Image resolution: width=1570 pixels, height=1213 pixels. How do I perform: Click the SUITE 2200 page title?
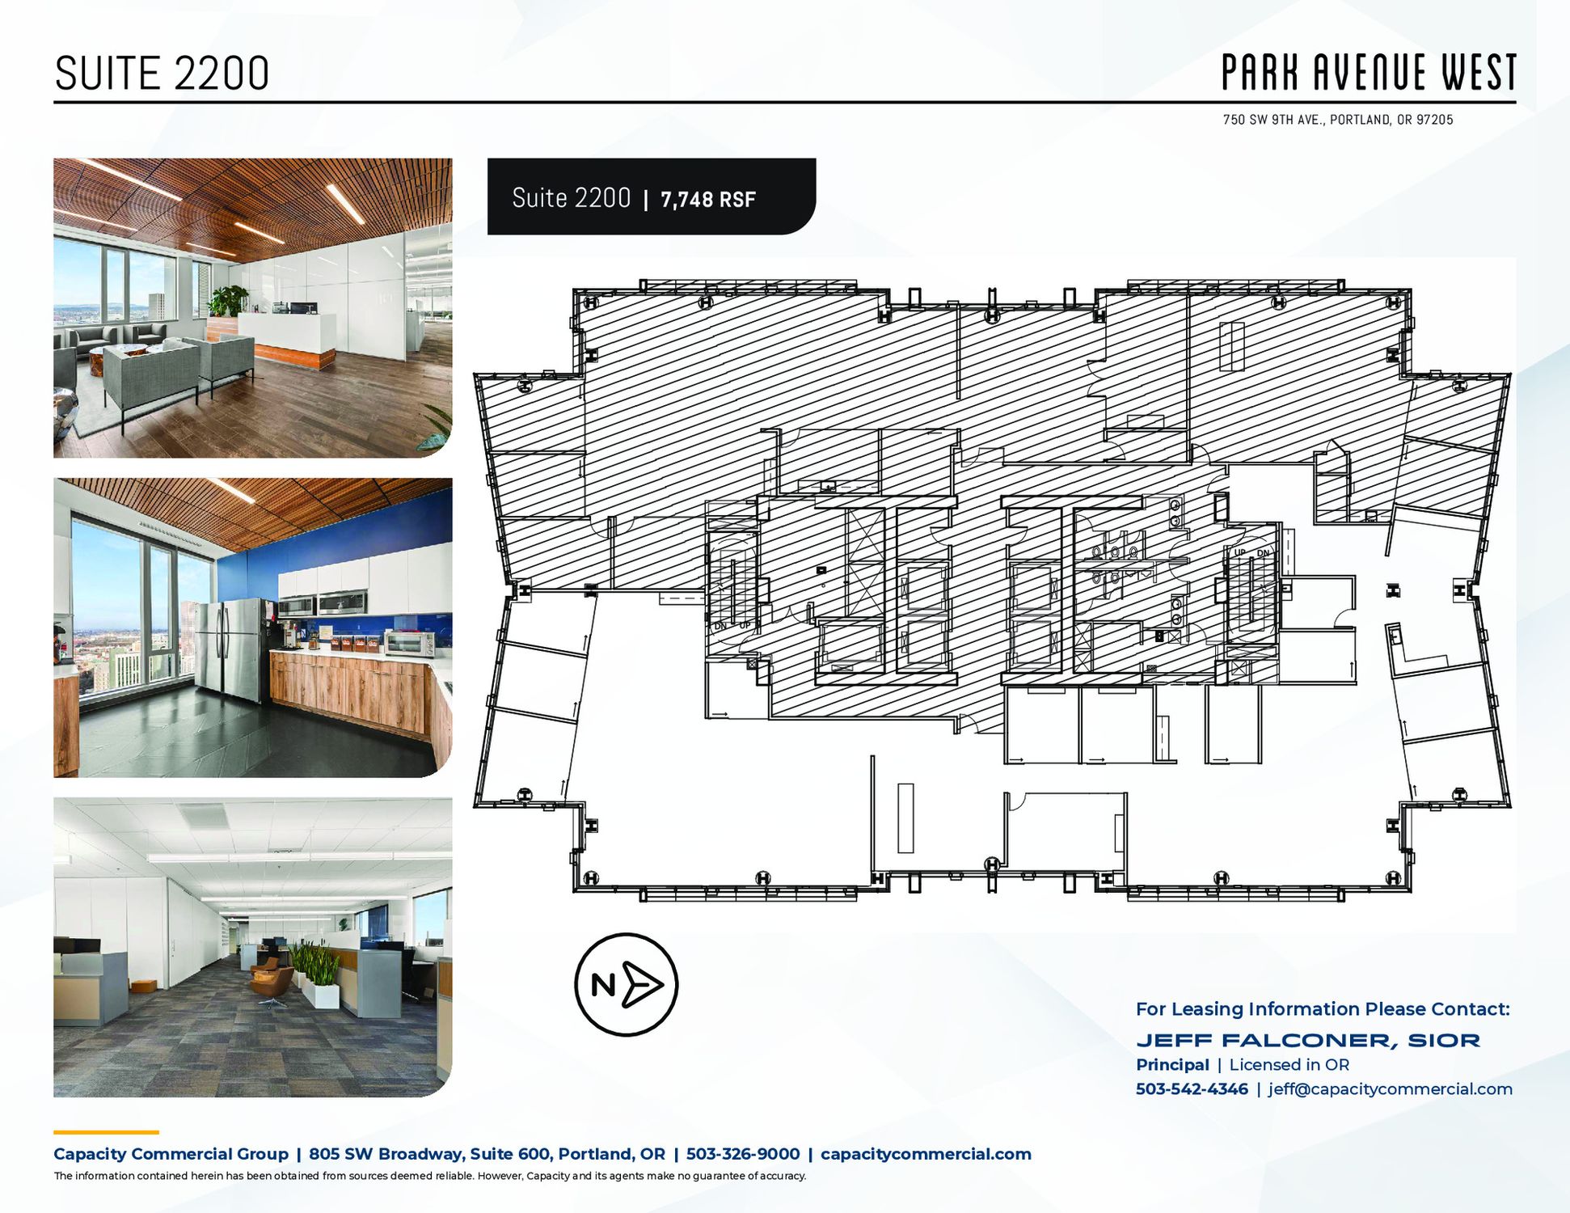[x=162, y=74]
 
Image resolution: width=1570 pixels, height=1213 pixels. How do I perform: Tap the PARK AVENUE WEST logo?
[x=1369, y=72]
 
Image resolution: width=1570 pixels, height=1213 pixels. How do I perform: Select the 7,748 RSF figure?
[x=708, y=200]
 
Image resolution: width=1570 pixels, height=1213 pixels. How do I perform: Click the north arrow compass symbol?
[x=627, y=984]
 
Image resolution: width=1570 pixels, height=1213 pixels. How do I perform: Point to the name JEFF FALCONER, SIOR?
[x=1308, y=1040]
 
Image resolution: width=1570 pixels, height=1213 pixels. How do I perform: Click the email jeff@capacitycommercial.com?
[x=1390, y=1088]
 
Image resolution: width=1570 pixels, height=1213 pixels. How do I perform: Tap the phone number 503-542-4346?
[x=1192, y=1088]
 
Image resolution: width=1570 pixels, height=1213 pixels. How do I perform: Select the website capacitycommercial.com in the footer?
[x=926, y=1154]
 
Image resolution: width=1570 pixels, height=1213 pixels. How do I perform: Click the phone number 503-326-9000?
[x=743, y=1154]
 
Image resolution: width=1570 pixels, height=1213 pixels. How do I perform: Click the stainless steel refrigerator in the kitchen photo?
[x=228, y=649]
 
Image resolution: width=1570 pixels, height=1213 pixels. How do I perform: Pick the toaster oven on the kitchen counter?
[x=410, y=644]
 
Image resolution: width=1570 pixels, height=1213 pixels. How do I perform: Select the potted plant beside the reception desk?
[x=229, y=301]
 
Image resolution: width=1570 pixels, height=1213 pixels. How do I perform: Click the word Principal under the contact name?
[x=1172, y=1065]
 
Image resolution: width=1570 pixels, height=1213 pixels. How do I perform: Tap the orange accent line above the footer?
[x=106, y=1132]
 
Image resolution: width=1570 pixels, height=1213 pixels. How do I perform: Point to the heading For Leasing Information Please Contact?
[x=1323, y=1009]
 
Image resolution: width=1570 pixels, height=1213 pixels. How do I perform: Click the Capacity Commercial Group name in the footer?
[x=171, y=1154]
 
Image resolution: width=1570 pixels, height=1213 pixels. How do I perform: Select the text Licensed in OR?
[x=1289, y=1065]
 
